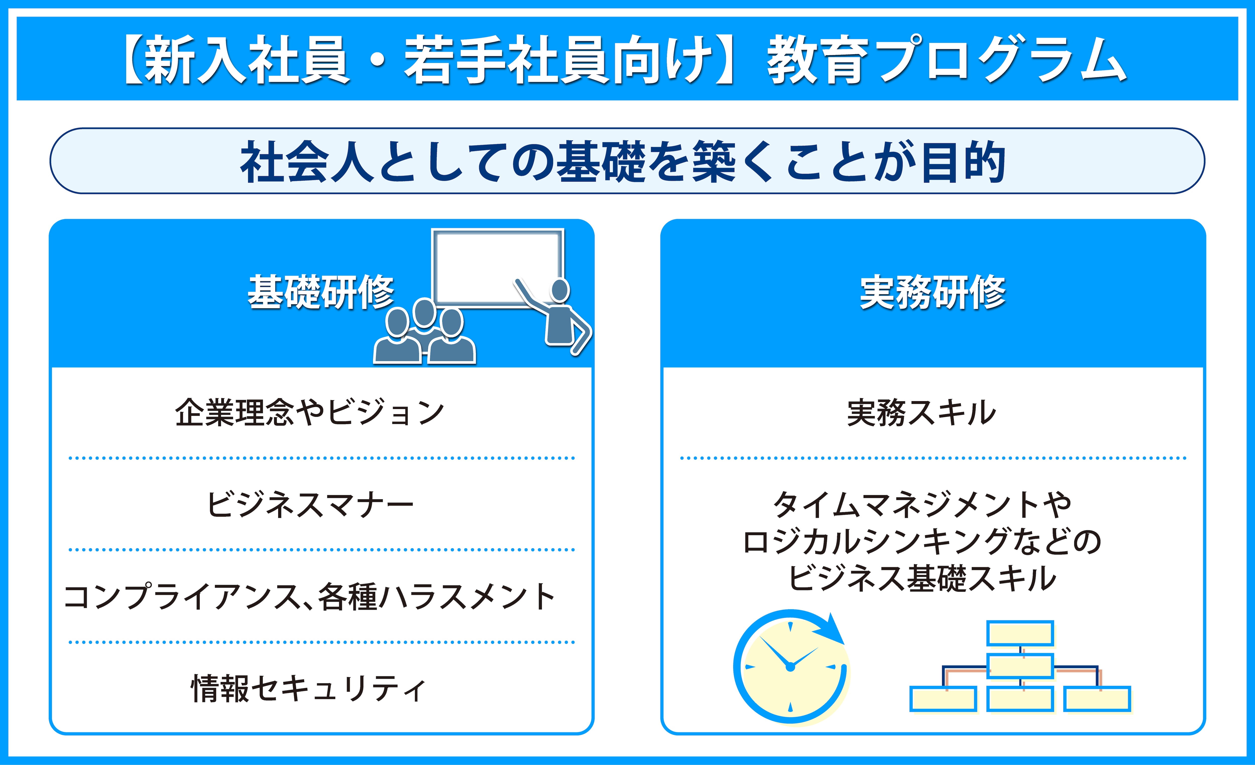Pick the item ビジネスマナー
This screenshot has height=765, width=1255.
point(310,504)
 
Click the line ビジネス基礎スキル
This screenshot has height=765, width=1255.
point(922,578)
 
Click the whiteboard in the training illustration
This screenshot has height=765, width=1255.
point(498,268)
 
